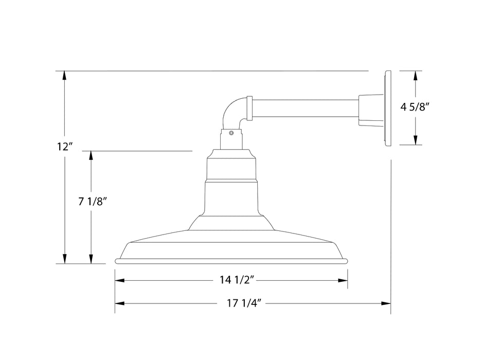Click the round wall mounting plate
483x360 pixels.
point(387,108)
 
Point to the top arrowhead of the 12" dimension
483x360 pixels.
point(64,75)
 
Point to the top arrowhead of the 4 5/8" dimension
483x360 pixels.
point(415,75)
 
